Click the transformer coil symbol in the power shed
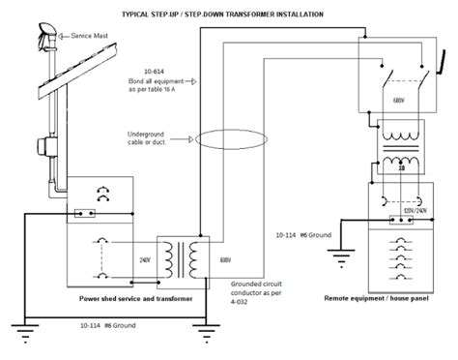[x=184, y=255]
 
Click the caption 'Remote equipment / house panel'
[x=382, y=301]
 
